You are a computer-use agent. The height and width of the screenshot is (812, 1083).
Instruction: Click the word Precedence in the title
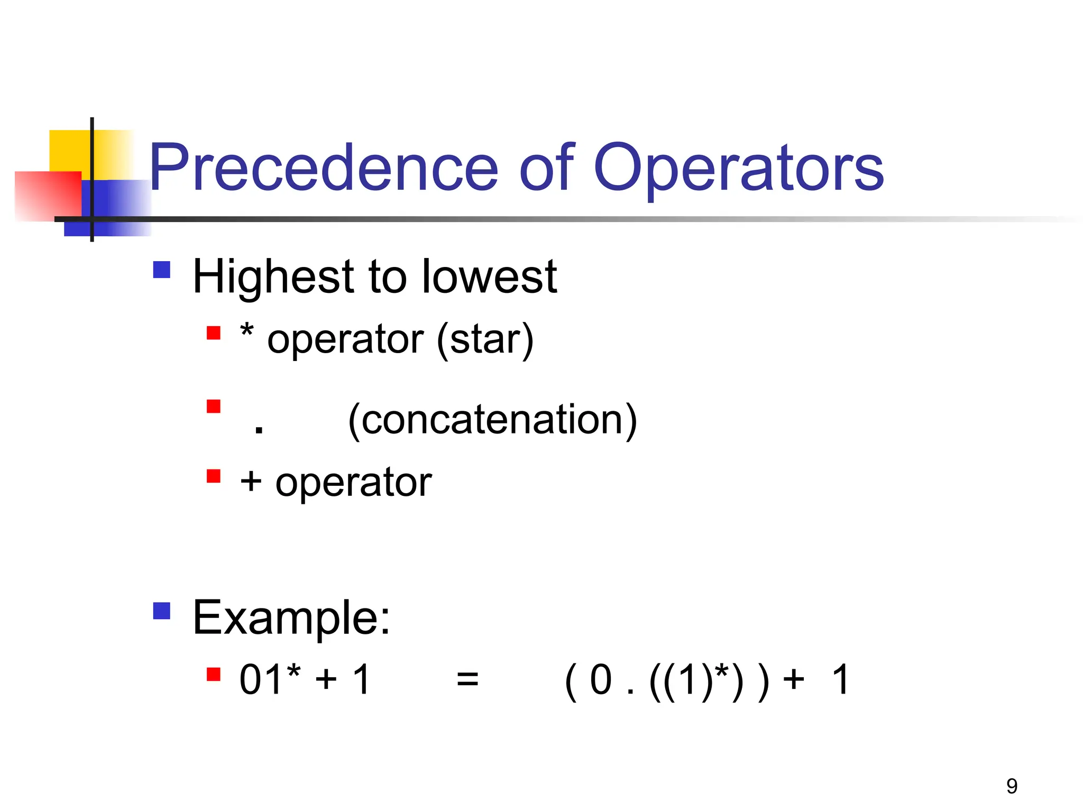pyautogui.click(x=323, y=168)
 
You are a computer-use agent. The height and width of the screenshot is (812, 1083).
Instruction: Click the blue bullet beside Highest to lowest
pyautogui.click(x=162, y=270)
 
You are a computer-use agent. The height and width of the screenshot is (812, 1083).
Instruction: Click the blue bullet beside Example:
pyautogui.click(x=162, y=611)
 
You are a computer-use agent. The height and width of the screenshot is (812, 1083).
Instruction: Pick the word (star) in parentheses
pyautogui.click(x=485, y=340)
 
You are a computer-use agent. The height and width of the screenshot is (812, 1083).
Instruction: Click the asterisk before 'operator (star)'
pyautogui.click(x=246, y=332)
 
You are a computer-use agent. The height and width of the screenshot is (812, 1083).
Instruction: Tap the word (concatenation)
pyautogui.click(x=492, y=420)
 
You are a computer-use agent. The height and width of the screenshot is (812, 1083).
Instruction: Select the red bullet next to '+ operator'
pyautogui.click(x=214, y=476)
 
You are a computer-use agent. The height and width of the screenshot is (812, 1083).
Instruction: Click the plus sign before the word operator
pyautogui.click(x=251, y=482)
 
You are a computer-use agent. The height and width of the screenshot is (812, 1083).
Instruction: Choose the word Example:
pyautogui.click(x=291, y=617)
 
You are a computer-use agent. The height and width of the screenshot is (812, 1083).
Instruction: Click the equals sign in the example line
pyautogui.click(x=467, y=679)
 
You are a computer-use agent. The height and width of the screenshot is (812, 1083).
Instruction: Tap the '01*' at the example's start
pyautogui.click(x=270, y=679)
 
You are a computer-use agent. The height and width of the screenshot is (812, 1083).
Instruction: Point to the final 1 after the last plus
pyautogui.click(x=840, y=679)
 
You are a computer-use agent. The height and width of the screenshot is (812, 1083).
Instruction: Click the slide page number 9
pyautogui.click(x=1012, y=786)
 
